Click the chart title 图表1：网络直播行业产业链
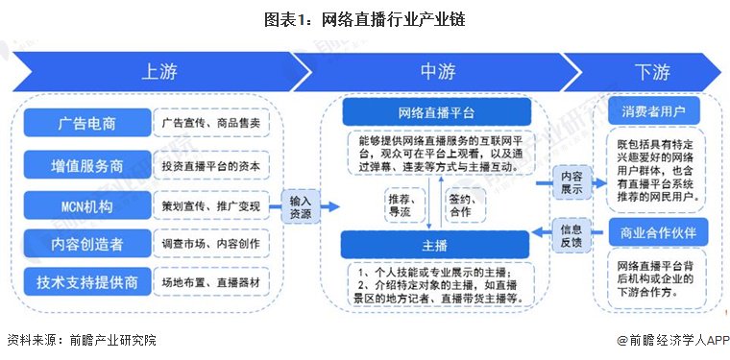[365, 18]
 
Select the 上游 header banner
[158, 72]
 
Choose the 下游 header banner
[652, 72]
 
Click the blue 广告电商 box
[85, 123]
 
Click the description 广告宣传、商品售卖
[210, 123]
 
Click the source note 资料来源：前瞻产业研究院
[81, 340]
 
